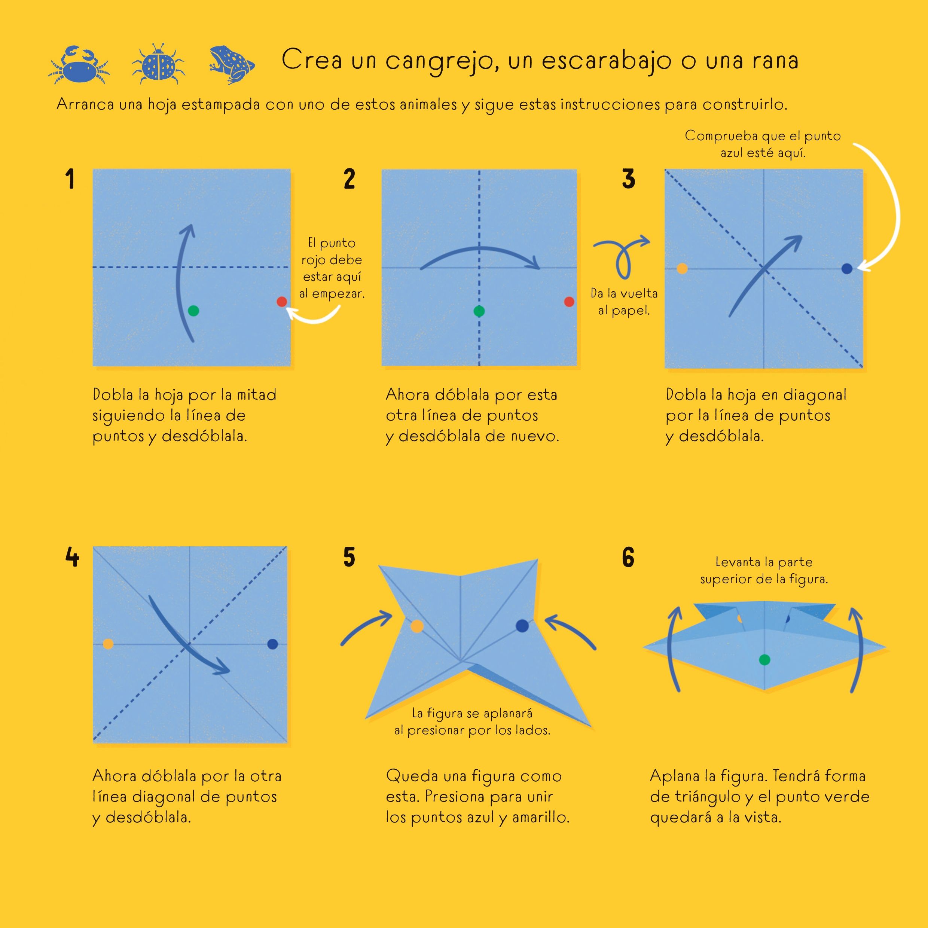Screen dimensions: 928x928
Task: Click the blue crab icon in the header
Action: [79, 65]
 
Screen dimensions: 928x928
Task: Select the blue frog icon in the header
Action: [232, 64]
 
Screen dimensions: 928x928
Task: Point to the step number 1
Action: [70, 179]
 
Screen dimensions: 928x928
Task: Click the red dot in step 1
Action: [282, 302]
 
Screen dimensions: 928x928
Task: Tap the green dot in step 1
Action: [193, 311]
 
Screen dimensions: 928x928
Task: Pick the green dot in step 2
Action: [479, 311]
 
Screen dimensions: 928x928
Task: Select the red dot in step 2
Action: [569, 302]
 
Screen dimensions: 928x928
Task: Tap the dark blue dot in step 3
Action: [847, 269]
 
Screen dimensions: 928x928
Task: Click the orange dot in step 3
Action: [682, 269]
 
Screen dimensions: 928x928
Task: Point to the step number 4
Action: [72, 557]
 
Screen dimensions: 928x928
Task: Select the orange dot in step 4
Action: [108, 644]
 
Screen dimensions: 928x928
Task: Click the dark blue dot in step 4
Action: [272, 644]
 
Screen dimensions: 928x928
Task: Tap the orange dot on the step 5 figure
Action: [417, 626]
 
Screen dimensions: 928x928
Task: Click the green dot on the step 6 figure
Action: [764, 660]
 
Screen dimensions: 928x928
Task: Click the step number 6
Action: [628, 557]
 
